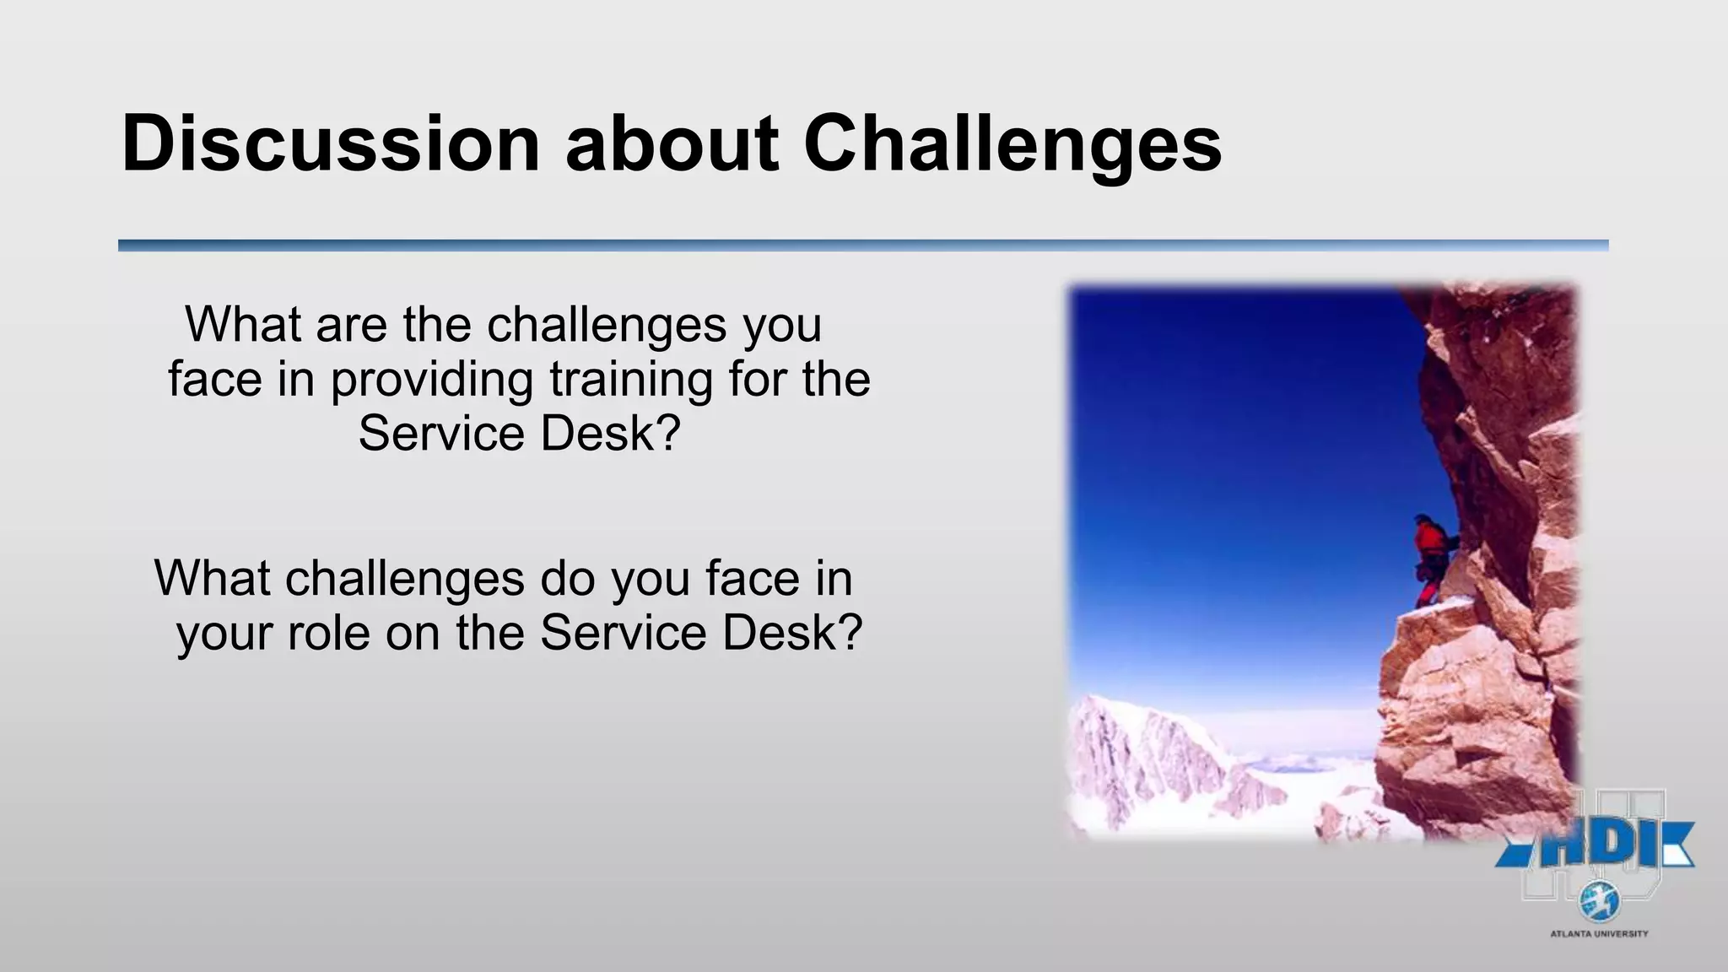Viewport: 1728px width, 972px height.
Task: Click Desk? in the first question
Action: click(x=609, y=434)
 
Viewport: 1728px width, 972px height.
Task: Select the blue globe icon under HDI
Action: click(x=1599, y=902)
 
